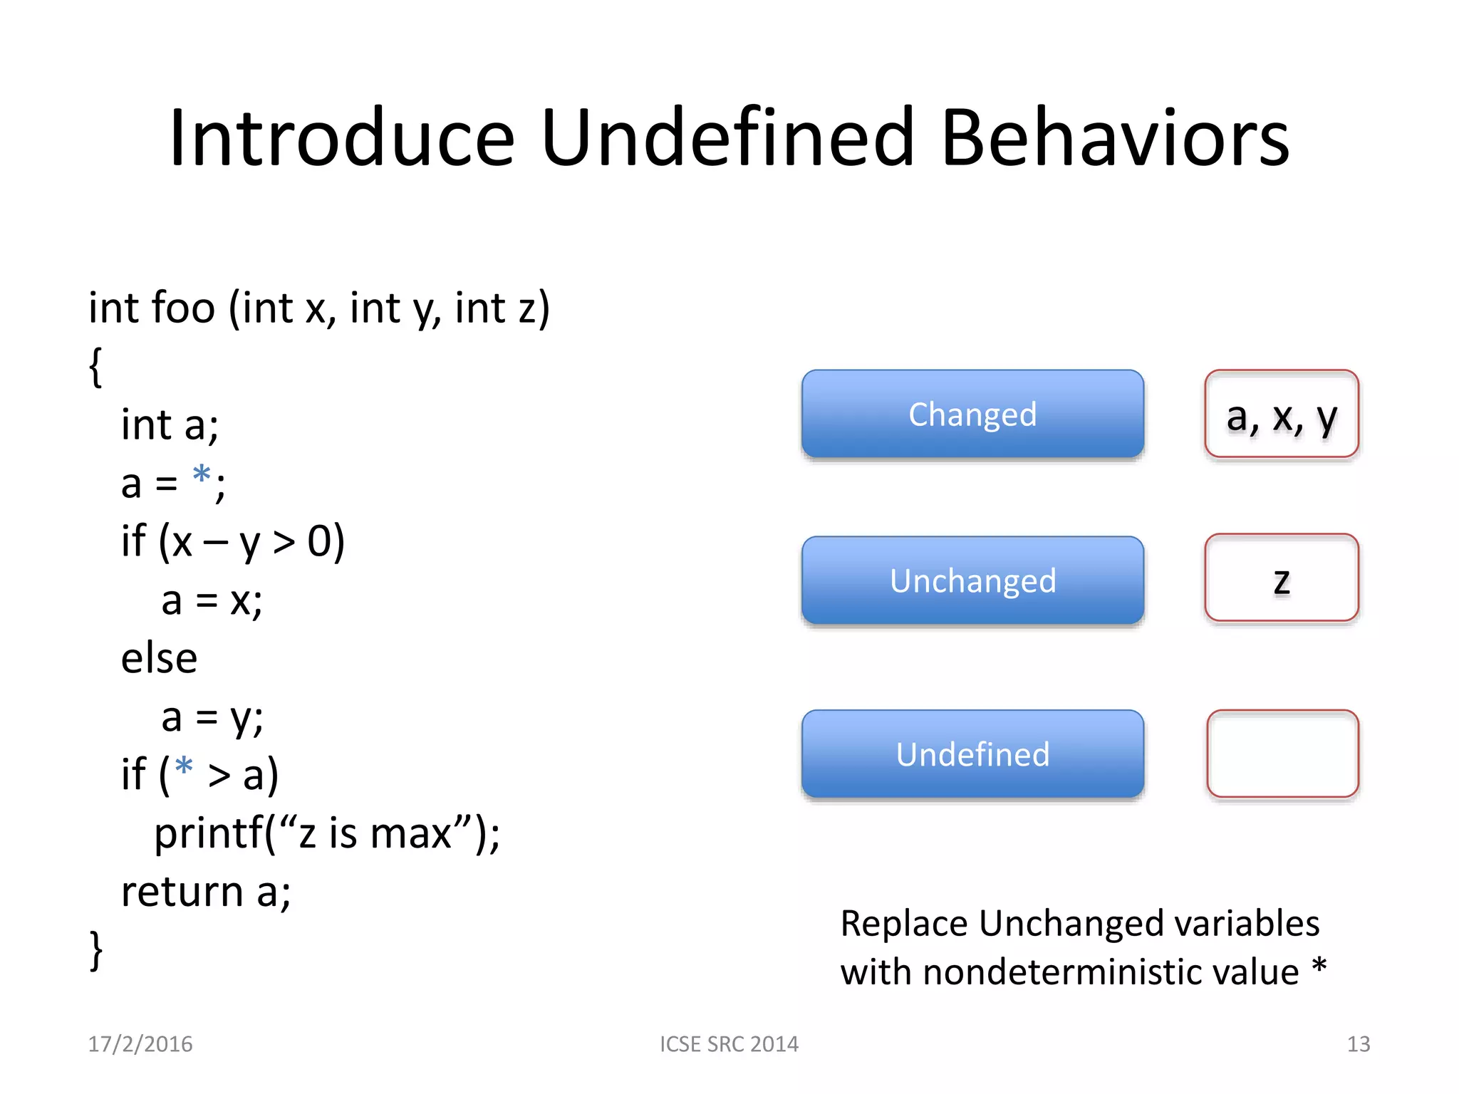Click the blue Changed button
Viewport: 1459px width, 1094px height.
[x=972, y=415]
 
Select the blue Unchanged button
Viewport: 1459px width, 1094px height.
[x=972, y=581]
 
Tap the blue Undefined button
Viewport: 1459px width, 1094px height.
[x=972, y=754]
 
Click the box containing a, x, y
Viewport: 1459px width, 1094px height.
[x=1282, y=415]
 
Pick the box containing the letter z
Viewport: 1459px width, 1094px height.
[x=1282, y=578]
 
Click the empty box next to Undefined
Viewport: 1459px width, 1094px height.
[x=1282, y=754]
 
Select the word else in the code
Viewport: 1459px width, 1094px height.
[x=159, y=658]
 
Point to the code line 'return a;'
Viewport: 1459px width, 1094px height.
[x=206, y=891]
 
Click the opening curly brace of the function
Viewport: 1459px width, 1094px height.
[x=95, y=367]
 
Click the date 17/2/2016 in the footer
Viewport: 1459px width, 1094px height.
[x=140, y=1044]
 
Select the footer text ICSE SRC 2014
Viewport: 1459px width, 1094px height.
[x=729, y=1044]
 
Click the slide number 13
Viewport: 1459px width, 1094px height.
[x=1358, y=1044]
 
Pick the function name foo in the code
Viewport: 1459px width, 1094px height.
[x=183, y=308]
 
